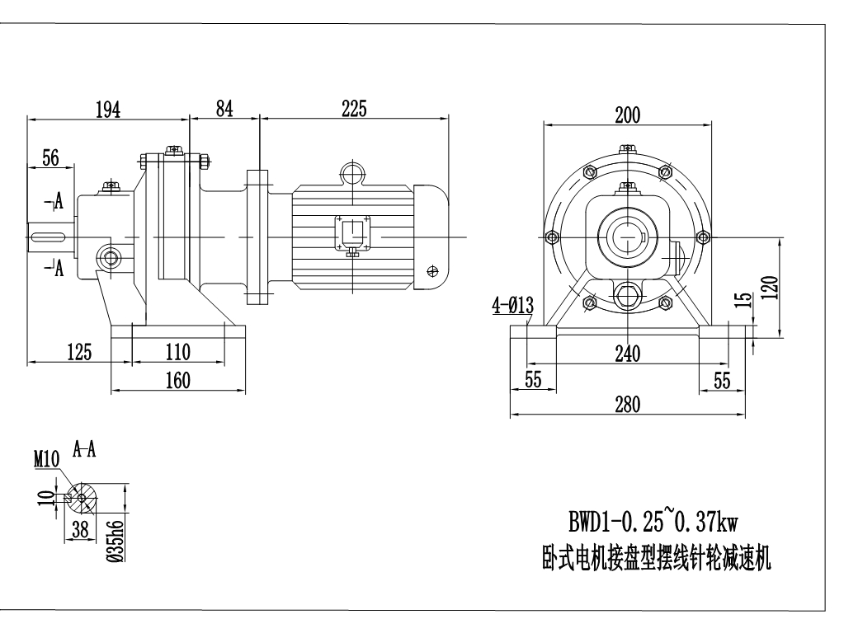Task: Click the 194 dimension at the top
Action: pyautogui.click(x=107, y=110)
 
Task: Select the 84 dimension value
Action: pyautogui.click(x=224, y=110)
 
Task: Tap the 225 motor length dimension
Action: pyautogui.click(x=353, y=110)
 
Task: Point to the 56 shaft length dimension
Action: pyautogui.click(x=50, y=159)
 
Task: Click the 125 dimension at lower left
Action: pyautogui.click(x=78, y=352)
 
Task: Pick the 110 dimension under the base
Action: pyautogui.click(x=177, y=352)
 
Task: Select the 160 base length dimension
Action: pyautogui.click(x=177, y=380)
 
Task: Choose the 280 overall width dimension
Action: pyautogui.click(x=628, y=404)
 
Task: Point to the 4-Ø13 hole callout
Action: pyautogui.click(x=512, y=307)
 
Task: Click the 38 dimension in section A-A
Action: pyautogui.click(x=79, y=532)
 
